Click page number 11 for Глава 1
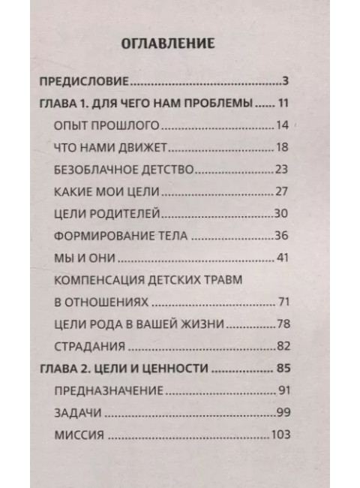click(283, 103)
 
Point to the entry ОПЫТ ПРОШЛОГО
click(100, 125)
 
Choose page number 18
click(282, 147)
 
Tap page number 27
click(282, 191)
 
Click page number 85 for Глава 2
click(283, 369)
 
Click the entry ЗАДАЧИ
click(79, 414)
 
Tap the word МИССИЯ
click(80, 435)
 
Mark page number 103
click(280, 435)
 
